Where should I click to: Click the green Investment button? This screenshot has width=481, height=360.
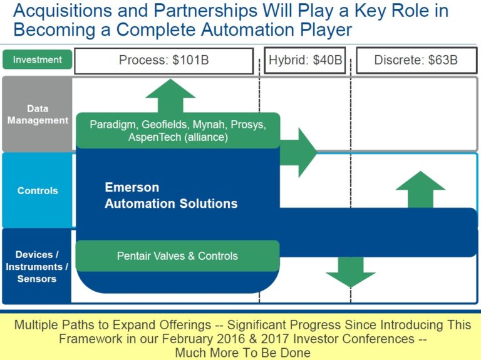click(x=38, y=60)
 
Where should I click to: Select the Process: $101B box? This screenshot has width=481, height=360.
click(x=164, y=61)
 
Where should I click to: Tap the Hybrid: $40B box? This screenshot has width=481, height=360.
click(x=306, y=61)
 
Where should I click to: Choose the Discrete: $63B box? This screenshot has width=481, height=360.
click(x=416, y=61)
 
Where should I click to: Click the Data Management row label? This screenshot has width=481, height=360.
click(x=38, y=115)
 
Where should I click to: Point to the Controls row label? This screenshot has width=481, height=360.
click(x=38, y=191)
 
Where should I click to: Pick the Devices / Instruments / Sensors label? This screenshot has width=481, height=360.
click(x=37, y=267)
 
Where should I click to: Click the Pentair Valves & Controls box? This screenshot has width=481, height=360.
click(x=177, y=256)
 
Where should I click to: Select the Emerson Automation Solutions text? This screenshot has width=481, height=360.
click(x=171, y=195)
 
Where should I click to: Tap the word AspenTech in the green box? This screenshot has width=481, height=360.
click(x=154, y=137)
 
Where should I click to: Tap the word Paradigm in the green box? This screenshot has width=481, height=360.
click(x=113, y=125)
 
